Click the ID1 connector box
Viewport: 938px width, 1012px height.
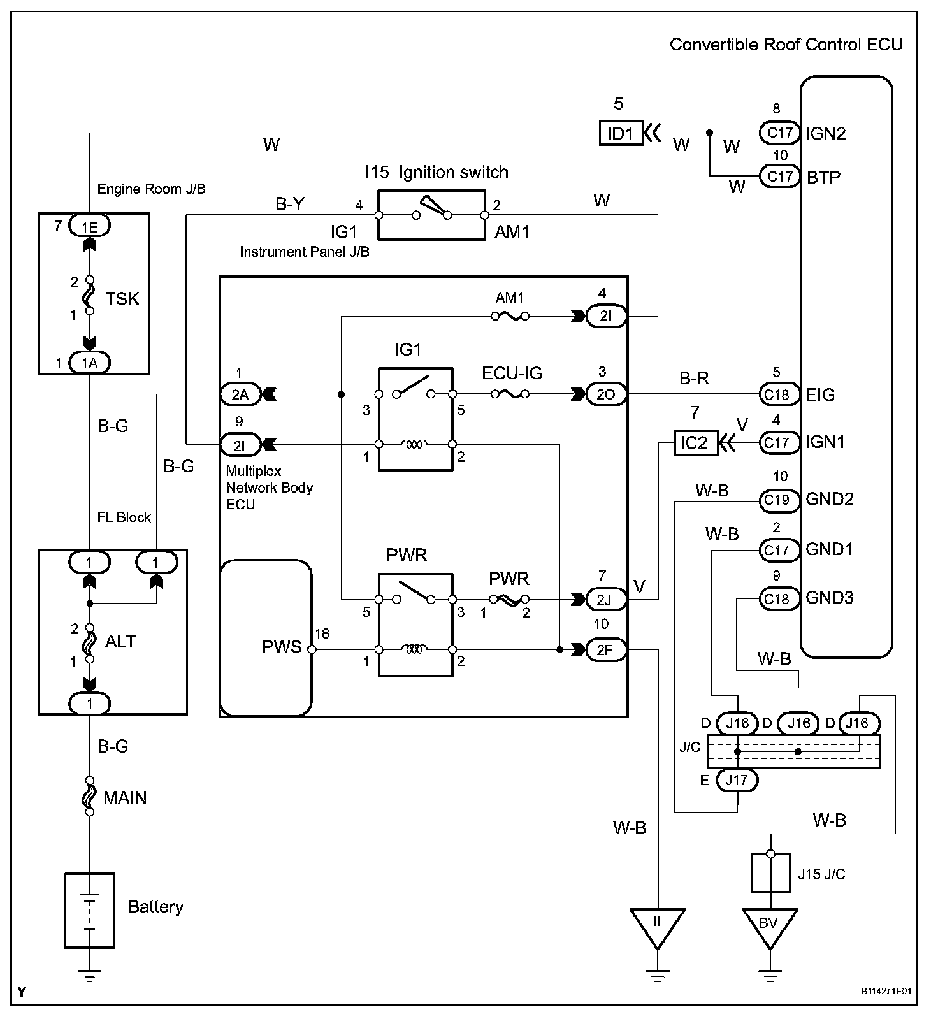(x=621, y=133)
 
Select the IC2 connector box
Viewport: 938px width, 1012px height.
(x=696, y=442)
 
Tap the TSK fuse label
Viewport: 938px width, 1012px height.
(x=122, y=298)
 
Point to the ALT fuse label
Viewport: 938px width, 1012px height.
(x=120, y=641)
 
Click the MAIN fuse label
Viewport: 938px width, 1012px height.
(x=125, y=797)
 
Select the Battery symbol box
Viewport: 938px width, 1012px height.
(x=90, y=910)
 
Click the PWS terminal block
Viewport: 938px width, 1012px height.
(x=266, y=638)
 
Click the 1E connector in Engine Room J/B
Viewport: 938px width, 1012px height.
(x=89, y=225)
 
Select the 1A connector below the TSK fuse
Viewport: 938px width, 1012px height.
(x=89, y=363)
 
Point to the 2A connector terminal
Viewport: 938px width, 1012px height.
(x=240, y=394)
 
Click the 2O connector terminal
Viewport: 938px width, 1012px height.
(x=606, y=394)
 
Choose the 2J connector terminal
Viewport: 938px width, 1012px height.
(x=606, y=600)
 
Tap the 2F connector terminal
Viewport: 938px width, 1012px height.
(x=606, y=650)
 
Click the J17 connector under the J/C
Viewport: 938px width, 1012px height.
(x=737, y=780)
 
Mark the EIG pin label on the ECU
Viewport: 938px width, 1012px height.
(x=820, y=394)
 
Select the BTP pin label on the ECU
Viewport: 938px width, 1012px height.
(x=823, y=177)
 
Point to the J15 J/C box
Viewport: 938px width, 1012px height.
(x=770, y=873)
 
